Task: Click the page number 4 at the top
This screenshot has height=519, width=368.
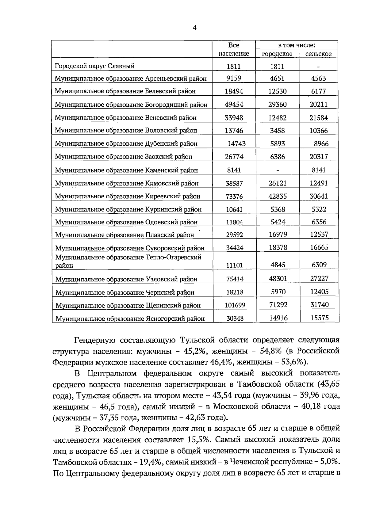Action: (x=194, y=28)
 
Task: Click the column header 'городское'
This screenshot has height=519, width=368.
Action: (x=277, y=54)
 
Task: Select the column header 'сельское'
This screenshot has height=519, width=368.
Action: (x=318, y=54)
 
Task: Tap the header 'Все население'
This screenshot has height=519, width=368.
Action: (x=234, y=49)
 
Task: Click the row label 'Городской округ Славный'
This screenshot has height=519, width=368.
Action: (x=94, y=66)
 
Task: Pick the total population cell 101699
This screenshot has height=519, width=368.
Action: (x=235, y=305)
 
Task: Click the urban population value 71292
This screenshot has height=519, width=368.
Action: (x=278, y=305)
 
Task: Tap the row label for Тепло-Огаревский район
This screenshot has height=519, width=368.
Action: (x=128, y=261)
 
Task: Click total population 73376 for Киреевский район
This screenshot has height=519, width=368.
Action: (x=234, y=197)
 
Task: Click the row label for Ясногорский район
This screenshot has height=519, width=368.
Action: (x=130, y=319)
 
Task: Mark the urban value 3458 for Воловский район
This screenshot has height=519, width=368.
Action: (x=278, y=131)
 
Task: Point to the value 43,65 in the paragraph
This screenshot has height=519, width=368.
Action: (x=328, y=384)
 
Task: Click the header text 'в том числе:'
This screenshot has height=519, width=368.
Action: (x=296, y=45)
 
